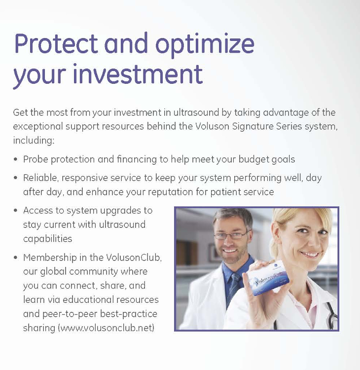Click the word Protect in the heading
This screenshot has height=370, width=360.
[x=56, y=43]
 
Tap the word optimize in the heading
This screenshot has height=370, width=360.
[x=205, y=45]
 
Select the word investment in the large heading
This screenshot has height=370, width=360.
[x=138, y=74]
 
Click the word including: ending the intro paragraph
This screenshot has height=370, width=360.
[x=34, y=141]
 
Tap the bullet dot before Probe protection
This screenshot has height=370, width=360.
[x=16, y=159]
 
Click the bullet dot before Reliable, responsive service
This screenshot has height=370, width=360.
[x=16, y=178]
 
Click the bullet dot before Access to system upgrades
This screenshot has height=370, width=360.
[x=16, y=210]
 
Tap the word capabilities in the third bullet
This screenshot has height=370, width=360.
[x=47, y=239]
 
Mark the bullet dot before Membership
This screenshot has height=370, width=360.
[x=16, y=258]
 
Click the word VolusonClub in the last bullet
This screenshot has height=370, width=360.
[x=134, y=258]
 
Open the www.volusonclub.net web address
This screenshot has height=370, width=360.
[x=108, y=328]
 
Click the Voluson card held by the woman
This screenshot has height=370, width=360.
[x=268, y=280]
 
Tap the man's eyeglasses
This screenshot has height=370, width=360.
[x=232, y=235]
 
